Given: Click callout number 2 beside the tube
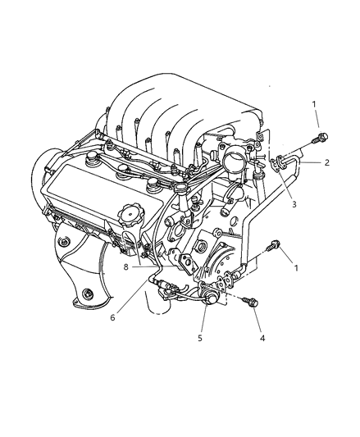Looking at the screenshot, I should [326, 163].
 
